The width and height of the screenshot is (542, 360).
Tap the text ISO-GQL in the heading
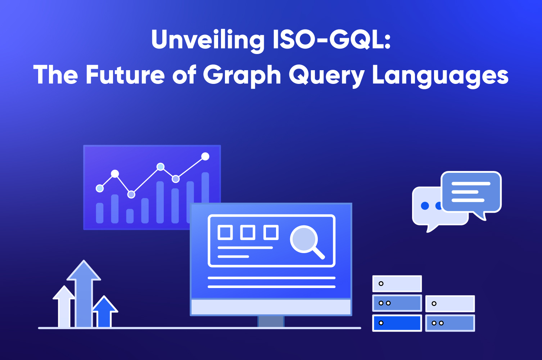(331, 40)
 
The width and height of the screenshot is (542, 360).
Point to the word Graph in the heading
(242, 76)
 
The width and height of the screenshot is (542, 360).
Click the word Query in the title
(326, 76)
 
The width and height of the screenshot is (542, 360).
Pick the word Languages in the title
(440, 76)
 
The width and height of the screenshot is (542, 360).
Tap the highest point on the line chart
(205, 156)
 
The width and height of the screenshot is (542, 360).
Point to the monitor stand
(271, 321)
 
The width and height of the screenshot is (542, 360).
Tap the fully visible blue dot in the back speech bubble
(425, 206)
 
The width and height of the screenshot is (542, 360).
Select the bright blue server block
(397, 323)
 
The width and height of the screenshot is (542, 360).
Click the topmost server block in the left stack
(397, 284)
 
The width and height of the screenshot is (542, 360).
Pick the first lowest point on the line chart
(131, 194)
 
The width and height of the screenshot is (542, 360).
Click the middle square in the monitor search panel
(248, 232)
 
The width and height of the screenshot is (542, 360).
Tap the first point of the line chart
(100, 188)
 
